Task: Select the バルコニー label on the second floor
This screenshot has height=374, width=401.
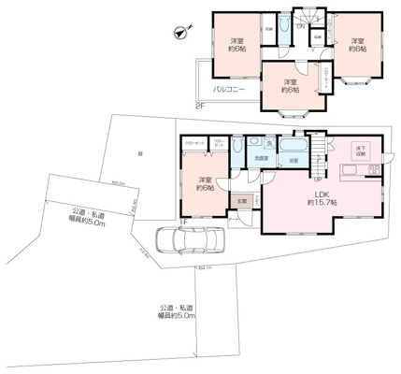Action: [x=229, y=89]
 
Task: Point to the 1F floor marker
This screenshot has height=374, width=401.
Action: [x=184, y=222]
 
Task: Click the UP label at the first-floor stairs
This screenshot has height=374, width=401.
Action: [x=318, y=180]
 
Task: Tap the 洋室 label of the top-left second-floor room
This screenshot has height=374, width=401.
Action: [x=238, y=45]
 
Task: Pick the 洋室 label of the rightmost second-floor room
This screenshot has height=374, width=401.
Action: [x=357, y=45]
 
